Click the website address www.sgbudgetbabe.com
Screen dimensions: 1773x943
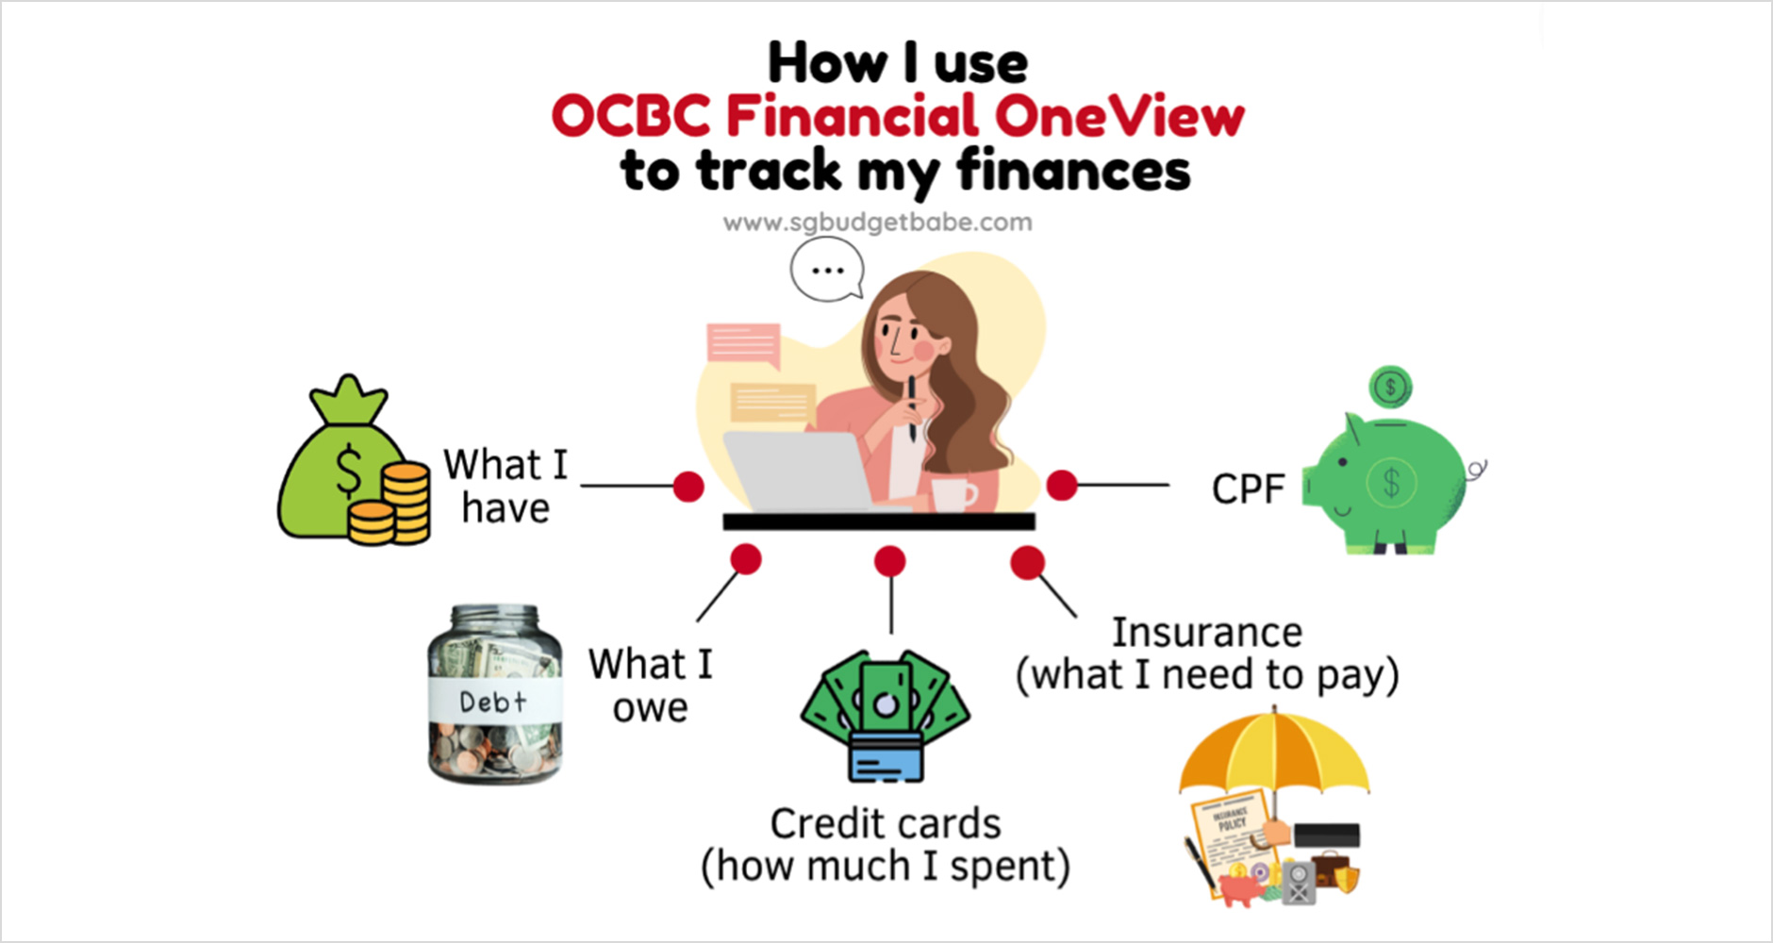tap(877, 223)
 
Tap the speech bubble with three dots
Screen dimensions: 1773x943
tap(827, 269)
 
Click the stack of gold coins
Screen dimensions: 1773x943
tap(389, 505)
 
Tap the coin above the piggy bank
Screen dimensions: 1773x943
tap(1390, 387)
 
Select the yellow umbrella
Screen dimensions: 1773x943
tap(1274, 754)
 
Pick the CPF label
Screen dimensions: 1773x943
tap(1248, 488)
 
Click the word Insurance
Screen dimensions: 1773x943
tap(1206, 632)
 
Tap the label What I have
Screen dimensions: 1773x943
tap(505, 486)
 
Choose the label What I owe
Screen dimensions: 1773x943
tap(650, 685)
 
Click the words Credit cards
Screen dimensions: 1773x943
tap(886, 823)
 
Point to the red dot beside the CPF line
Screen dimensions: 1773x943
tap(1062, 485)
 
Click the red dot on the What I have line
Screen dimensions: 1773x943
tap(688, 487)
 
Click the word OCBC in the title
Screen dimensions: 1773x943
tap(631, 117)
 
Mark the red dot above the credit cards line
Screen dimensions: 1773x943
tap(889, 562)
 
